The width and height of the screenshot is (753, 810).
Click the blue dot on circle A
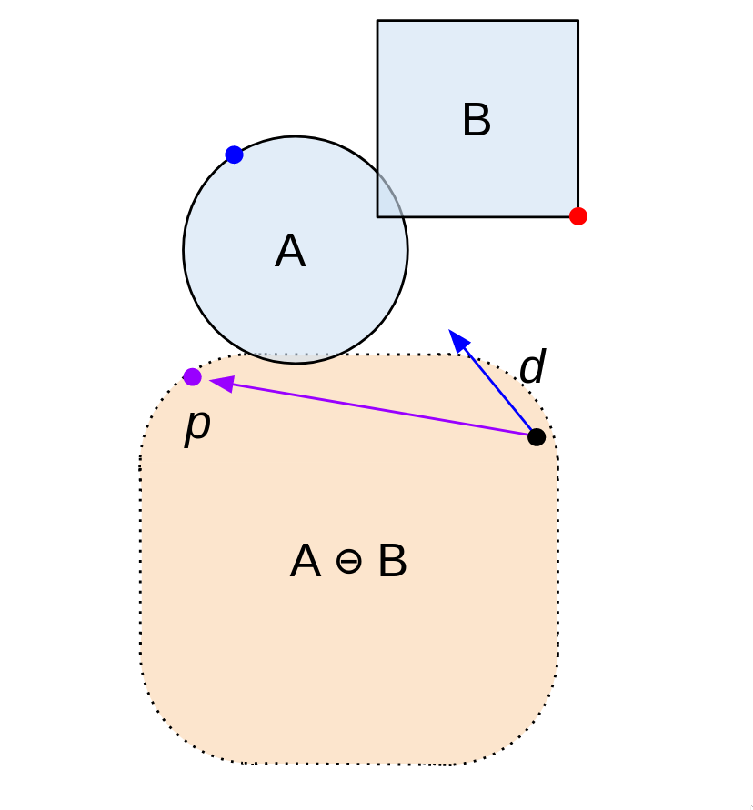234,155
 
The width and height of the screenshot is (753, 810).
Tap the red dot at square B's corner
577,215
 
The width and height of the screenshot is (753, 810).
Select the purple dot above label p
192,376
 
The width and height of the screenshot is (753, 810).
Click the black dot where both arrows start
537,436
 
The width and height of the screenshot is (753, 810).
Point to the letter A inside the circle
290,252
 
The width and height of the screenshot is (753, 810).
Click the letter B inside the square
477,121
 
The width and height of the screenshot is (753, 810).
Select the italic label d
532,368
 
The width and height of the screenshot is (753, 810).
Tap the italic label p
197,425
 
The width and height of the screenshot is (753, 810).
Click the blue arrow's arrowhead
457,339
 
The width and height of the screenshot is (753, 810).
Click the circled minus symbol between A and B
348,563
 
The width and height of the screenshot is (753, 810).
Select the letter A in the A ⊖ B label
306,563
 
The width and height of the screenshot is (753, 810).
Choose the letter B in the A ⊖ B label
392,563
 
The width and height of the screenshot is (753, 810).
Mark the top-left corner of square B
377,20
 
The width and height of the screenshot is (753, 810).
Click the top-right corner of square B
577,20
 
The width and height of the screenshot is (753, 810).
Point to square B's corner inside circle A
377,216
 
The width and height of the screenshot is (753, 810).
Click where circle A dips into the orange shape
296,358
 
